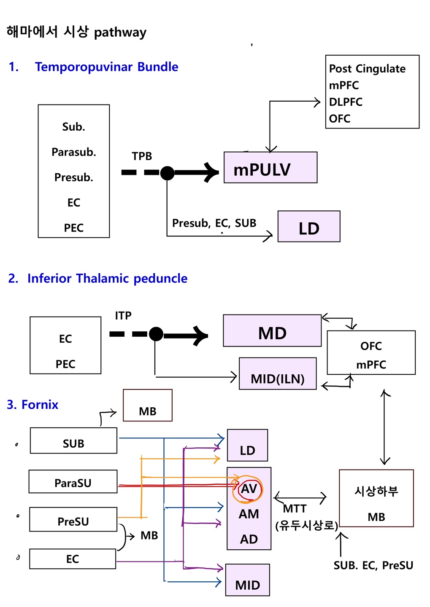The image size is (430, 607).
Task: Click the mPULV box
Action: coord(270,168)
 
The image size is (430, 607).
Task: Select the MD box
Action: coord(272,331)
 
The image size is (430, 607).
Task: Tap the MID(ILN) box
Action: coord(277,374)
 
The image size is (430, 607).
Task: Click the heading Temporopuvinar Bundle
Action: coord(106,67)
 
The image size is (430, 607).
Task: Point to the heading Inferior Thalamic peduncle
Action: coord(107,279)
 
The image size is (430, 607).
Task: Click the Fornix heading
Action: coord(40,405)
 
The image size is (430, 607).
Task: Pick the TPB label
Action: coord(142,156)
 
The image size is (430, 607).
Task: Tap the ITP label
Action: coord(123,316)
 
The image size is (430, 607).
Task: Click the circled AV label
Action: coord(249,489)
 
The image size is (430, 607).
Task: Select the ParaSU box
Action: coord(73,482)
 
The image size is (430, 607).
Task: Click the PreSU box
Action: coord(73,520)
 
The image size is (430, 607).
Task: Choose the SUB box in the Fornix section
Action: coord(73,441)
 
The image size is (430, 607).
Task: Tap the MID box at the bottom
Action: coord(248,580)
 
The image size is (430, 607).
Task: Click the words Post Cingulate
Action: coord(367,69)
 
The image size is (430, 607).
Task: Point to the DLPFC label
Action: coord(346,102)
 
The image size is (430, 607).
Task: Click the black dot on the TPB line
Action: coord(168,173)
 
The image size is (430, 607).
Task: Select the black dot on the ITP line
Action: coord(156,334)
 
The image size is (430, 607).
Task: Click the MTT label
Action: coord(295,509)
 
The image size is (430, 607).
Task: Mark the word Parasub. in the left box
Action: coord(74,152)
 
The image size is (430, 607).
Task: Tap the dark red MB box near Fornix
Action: coord(148,406)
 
